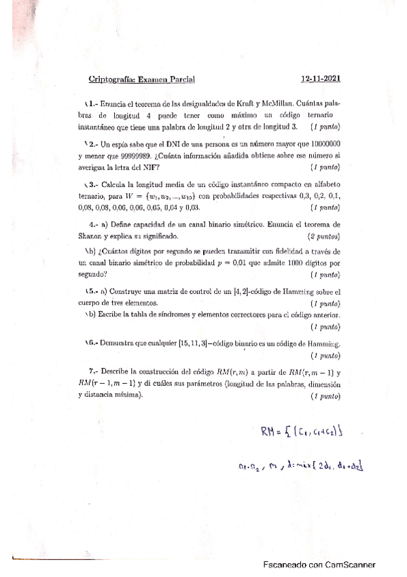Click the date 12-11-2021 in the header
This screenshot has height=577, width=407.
pos(321,79)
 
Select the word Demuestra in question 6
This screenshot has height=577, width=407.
pos(118,345)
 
